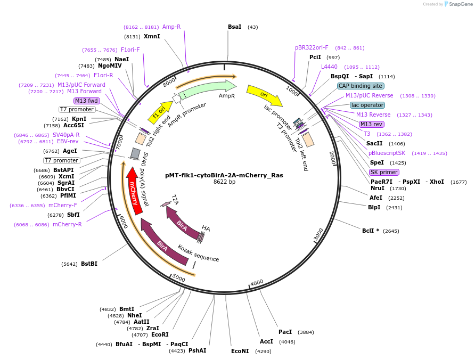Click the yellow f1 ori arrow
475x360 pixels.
tap(159, 112)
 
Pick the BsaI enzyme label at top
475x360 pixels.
tap(234, 27)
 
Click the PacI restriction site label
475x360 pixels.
tap(285, 332)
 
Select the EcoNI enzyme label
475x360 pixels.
tap(240, 351)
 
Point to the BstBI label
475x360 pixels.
tap(89, 264)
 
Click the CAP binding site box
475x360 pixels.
tap(361, 86)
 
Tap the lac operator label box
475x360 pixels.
tap(367, 105)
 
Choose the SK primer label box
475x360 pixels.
tap(384, 172)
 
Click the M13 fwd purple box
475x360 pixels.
tap(87, 101)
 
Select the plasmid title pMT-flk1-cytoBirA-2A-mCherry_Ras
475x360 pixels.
tap(224, 175)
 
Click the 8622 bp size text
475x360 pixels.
tap(224, 182)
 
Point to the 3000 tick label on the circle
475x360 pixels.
tap(318, 234)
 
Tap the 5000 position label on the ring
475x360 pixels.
tap(179, 279)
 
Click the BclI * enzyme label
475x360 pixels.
tap(373, 231)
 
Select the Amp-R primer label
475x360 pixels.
tap(171, 27)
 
